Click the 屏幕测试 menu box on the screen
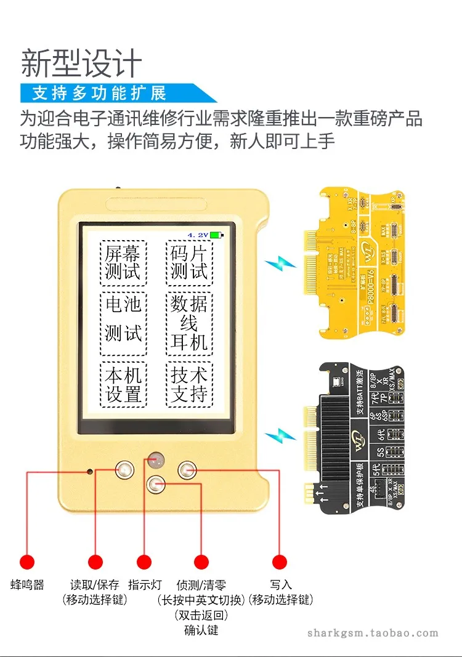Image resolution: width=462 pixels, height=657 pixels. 123,262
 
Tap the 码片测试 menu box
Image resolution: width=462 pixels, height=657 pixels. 189,262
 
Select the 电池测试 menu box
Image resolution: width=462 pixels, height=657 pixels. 123,323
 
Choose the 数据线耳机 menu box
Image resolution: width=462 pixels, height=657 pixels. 189,323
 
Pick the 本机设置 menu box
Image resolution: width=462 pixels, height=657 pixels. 123,384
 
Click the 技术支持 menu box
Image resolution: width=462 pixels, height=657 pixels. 189,384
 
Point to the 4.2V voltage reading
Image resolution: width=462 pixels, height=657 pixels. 198,235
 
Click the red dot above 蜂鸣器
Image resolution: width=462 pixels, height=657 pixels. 26,562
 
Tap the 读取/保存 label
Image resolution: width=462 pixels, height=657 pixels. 95,585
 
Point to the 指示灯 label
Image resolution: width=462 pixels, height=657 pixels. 144,585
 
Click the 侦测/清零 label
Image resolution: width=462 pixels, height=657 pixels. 201,585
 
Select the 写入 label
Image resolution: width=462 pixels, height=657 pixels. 280,585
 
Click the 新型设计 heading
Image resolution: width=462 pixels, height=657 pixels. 81,63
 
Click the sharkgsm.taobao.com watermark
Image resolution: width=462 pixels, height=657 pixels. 373,633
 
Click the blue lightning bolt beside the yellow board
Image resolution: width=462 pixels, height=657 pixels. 281,266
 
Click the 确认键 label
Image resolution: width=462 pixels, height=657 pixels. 201,631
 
